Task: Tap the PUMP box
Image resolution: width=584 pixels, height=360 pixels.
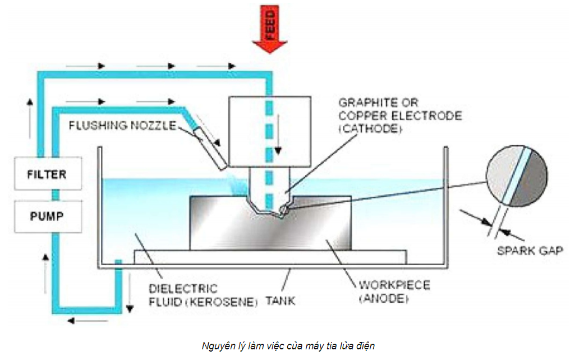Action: coord(47,214)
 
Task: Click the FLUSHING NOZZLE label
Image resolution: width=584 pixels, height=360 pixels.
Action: coord(122,124)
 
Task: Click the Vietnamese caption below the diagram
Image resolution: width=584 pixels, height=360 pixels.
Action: coord(288,345)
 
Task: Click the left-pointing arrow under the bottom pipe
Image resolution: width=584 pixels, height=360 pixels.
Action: coord(88,321)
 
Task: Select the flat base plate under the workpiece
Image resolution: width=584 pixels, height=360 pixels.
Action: coord(270,257)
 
